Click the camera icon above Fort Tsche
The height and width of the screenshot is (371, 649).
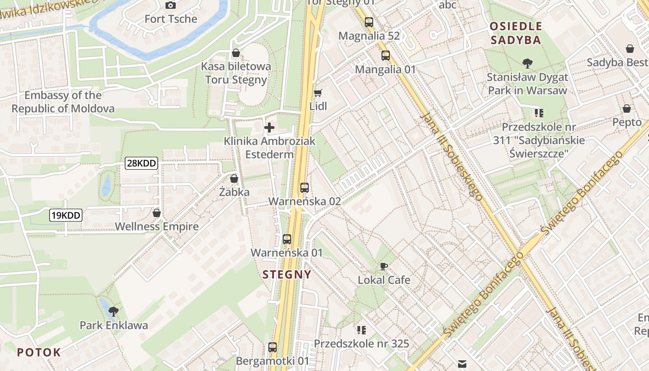pyautogui.click(x=171, y=6)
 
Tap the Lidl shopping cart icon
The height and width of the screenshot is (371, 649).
pyautogui.click(x=318, y=93)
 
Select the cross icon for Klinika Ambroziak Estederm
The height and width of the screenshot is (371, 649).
pyautogui.click(x=269, y=127)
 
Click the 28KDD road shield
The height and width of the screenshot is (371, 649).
pyautogui.click(x=141, y=163)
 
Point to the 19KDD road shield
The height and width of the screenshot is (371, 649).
pyautogui.click(x=66, y=215)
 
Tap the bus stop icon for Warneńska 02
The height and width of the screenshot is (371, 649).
pyautogui.click(x=304, y=188)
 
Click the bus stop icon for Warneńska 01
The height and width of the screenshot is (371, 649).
pyautogui.click(x=287, y=239)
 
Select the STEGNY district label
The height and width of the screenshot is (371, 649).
pyautogui.click(x=287, y=275)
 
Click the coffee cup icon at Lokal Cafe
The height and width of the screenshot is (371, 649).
pyautogui.click(x=383, y=266)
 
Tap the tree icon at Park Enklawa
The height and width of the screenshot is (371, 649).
pyautogui.click(x=113, y=311)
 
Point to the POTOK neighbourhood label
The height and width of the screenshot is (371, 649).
pyautogui.click(x=39, y=352)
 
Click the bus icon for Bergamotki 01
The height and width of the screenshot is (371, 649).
pyautogui.click(x=273, y=347)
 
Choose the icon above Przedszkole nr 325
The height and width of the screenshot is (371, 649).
pyautogui.click(x=362, y=330)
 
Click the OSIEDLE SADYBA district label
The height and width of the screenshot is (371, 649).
pyautogui.click(x=516, y=33)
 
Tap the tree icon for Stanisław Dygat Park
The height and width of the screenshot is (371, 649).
pyautogui.click(x=527, y=64)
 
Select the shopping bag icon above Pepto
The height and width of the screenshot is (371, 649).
pyautogui.click(x=627, y=109)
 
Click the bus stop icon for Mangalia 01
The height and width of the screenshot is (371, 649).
pyautogui.click(x=386, y=56)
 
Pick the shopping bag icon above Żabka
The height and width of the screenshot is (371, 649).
pyautogui.click(x=234, y=179)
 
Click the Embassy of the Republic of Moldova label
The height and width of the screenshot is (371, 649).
pyautogui.click(x=63, y=102)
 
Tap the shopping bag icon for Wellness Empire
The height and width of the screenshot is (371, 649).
pyautogui.click(x=157, y=213)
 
